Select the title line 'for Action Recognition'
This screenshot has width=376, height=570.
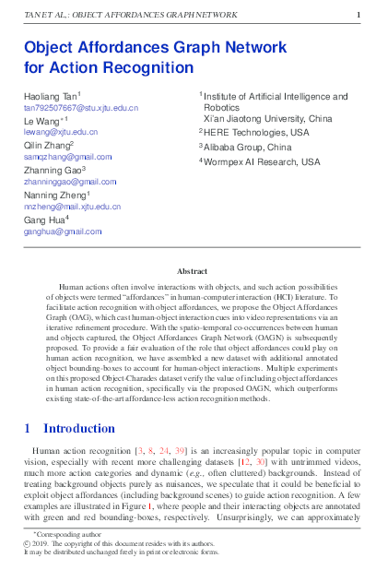(x=109, y=67)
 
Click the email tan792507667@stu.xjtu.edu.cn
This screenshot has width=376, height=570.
(x=80, y=108)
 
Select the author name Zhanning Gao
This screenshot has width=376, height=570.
(x=54, y=171)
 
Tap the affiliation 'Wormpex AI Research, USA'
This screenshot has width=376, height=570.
(x=262, y=161)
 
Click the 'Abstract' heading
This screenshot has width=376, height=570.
(x=192, y=271)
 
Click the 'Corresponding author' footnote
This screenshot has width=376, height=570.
(x=71, y=535)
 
